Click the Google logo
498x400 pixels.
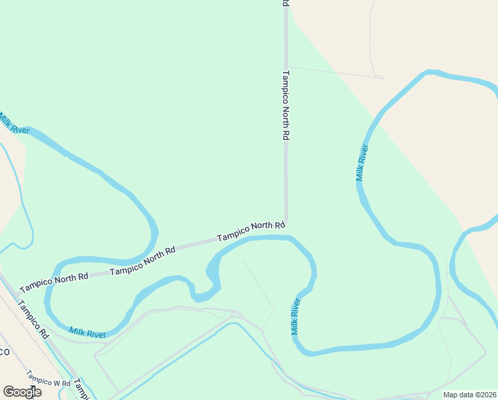point(22,392)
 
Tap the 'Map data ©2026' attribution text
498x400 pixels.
point(469,395)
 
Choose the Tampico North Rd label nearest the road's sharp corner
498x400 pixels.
point(251,231)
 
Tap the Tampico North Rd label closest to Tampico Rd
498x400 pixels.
point(54,282)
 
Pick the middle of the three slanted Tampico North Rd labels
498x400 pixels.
point(142,261)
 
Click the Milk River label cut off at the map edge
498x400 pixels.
point(13,125)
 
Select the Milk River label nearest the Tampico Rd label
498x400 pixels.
point(87,331)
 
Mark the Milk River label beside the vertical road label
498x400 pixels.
point(362,163)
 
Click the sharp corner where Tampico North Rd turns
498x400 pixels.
point(286,224)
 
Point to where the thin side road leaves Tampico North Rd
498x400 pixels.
point(287,67)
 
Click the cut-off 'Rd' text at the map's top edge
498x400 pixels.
point(286,3)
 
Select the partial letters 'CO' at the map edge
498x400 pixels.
point(4,351)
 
